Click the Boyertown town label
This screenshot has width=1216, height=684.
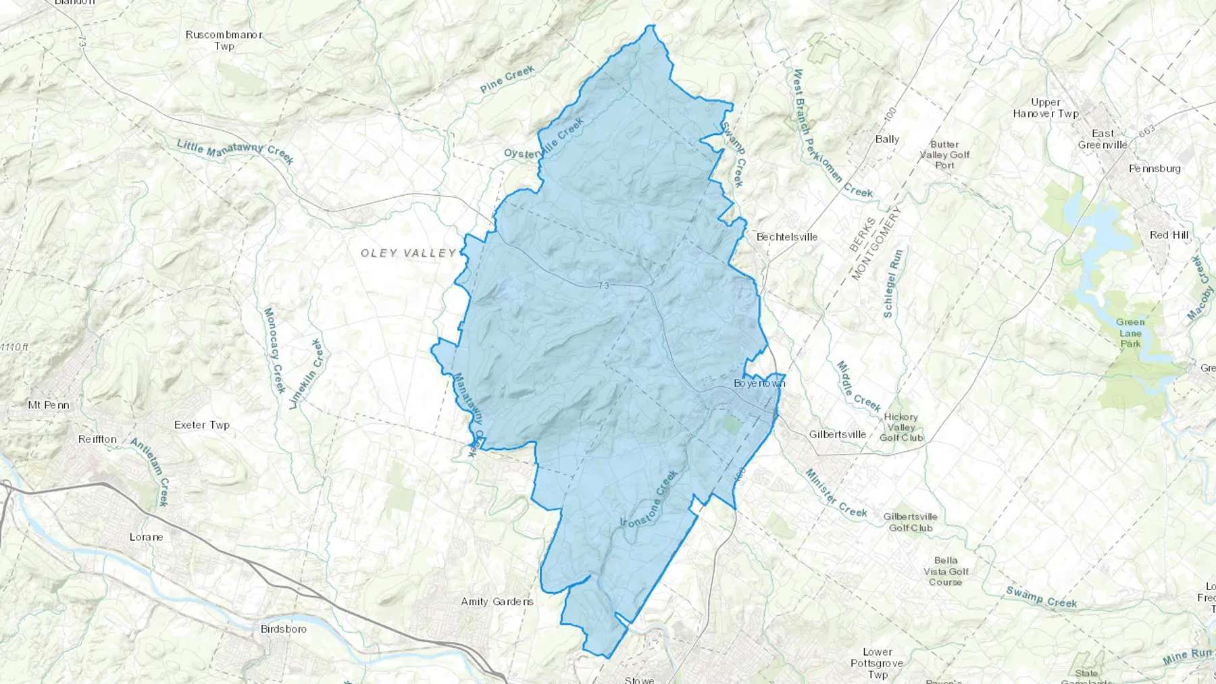759,384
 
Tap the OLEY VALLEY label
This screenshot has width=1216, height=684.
409,253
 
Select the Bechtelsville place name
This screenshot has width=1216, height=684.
787,237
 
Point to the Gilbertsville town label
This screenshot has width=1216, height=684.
838,434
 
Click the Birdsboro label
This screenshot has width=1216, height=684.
284,629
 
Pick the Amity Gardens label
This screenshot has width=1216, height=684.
497,602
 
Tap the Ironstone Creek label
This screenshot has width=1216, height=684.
649,499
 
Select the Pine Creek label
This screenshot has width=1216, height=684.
507,79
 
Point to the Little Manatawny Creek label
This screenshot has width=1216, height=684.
235,152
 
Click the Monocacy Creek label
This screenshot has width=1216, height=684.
274,350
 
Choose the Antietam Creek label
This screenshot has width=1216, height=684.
150,472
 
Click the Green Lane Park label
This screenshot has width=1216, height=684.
1130,333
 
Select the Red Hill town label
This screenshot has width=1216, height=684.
1169,235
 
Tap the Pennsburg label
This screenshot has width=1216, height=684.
1155,169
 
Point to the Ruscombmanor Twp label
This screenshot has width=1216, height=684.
224,41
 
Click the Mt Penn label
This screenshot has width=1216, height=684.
49,405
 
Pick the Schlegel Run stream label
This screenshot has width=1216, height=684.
893,284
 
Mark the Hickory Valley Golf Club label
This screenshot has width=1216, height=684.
901,427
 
